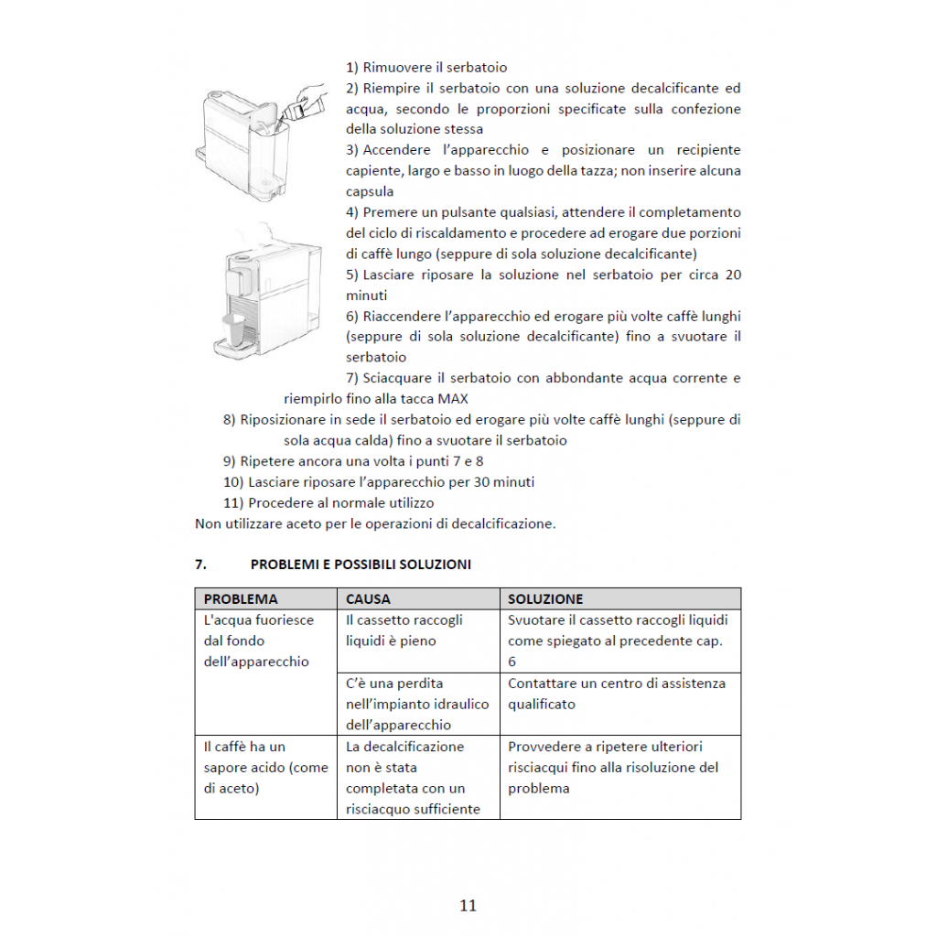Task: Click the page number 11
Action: pos(468,906)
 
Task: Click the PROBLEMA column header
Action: pos(241,599)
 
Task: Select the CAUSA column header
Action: pos(368,599)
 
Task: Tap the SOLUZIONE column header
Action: pos(545,599)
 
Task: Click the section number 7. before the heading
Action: pos(200,565)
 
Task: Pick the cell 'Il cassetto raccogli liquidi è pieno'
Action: pos(404,630)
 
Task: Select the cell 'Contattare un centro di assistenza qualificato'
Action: pos(617,694)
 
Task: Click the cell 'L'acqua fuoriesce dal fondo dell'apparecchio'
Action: pos(258,641)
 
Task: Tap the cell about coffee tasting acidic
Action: pos(265,768)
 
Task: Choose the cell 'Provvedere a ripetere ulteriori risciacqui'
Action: pos(613,768)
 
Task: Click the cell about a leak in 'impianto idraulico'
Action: pos(417,704)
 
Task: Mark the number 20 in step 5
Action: pos(732,275)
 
